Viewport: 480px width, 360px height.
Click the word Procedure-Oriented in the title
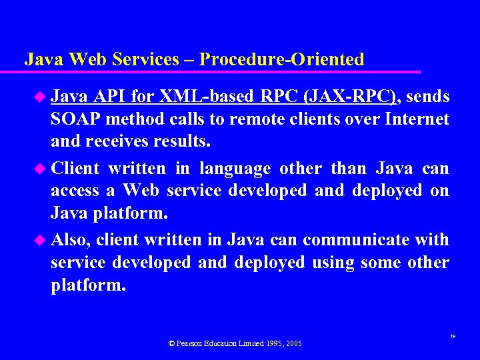coord(282,59)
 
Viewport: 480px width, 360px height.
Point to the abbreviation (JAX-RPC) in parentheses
coord(351,97)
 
